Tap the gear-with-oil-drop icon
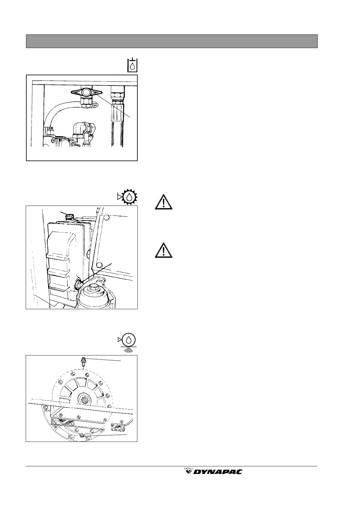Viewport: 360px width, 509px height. click(129, 197)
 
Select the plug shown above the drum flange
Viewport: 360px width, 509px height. click(83, 361)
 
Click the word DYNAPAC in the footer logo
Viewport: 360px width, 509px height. click(218, 472)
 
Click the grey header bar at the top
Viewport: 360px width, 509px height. click(172, 41)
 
